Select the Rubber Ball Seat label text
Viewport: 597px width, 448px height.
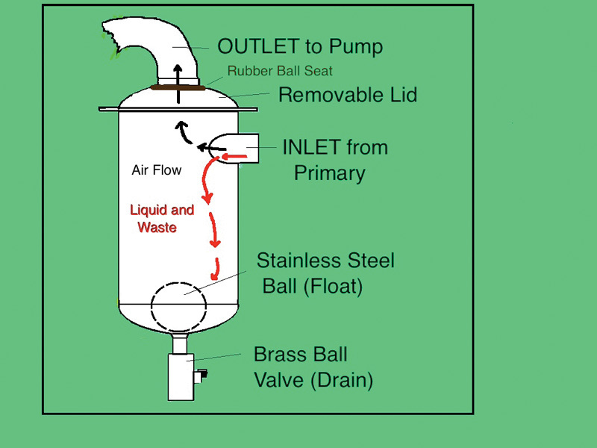click(280, 72)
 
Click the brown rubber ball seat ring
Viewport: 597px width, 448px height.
click(178, 87)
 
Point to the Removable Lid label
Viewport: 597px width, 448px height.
click(347, 95)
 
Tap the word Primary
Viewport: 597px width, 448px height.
click(329, 173)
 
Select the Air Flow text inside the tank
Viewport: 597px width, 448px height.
click(156, 170)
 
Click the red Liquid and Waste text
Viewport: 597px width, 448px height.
click(161, 218)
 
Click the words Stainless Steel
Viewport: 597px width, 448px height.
click(325, 261)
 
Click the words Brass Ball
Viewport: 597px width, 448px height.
click(301, 354)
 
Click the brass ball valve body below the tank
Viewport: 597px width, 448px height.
click(179, 378)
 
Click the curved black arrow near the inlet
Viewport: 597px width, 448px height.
click(185, 134)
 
